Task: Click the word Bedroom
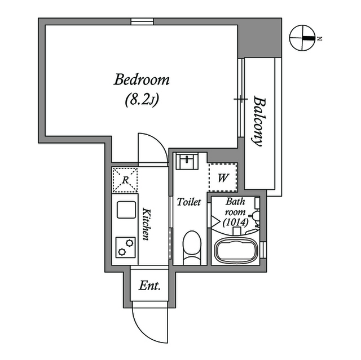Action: (x=142, y=80)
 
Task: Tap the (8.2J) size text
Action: (x=142, y=100)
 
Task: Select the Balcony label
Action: (x=259, y=121)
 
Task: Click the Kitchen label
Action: (x=146, y=224)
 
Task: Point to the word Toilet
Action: (x=189, y=202)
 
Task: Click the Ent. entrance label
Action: (x=149, y=286)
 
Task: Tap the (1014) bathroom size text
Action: (x=236, y=223)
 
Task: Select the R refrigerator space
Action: (x=125, y=180)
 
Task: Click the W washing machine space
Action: (x=223, y=177)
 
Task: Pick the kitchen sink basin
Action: (x=126, y=210)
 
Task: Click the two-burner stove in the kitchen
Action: (x=125, y=247)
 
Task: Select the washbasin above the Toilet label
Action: (x=187, y=162)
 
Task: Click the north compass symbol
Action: (x=302, y=38)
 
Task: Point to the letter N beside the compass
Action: (x=319, y=39)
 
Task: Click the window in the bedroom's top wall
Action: (x=142, y=21)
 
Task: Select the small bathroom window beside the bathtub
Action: (x=263, y=250)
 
